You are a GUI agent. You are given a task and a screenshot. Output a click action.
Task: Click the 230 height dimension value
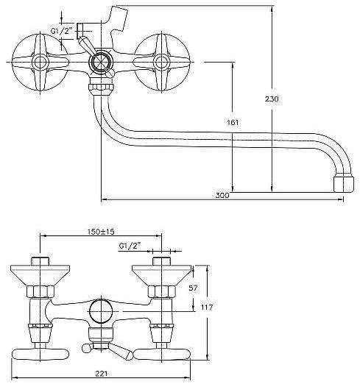pyautogui.click(x=272, y=99)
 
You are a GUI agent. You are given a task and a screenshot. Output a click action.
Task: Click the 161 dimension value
pyautogui.click(x=233, y=122)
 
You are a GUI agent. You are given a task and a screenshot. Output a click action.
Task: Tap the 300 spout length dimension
pyautogui.click(x=222, y=196)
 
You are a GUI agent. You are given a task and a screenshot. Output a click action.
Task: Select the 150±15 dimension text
pyautogui.click(x=101, y=232)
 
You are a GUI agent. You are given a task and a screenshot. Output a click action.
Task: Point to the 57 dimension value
pyautogui.click(x=193, y=288)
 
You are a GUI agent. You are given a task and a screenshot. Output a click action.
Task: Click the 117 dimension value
pyautogui.click(x=207, y=308)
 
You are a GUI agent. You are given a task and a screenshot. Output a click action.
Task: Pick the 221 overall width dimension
pyautogui.click(x=102, y=374)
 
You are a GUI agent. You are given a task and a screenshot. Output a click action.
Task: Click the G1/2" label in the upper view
pyautogui.click(x=61, y=31)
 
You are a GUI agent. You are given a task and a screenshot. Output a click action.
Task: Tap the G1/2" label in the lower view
pyautogui.click(x=130, y=246)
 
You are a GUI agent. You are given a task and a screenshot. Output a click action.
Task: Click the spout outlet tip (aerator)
pyautogui.click(x=344, y=184)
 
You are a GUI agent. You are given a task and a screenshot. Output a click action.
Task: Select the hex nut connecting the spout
pyautogui.click(x=102, y=87)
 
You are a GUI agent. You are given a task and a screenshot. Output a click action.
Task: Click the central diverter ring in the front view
pyautogui.click(x=101, y=62)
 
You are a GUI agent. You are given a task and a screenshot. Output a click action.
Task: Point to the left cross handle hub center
pyautogui.click(x=40, y=62)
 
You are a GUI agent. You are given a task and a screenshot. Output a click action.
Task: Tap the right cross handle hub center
pyautogui.click(x=161, y=62)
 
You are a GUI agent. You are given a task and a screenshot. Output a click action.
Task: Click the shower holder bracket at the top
pyautogui.click(x=118, y=18)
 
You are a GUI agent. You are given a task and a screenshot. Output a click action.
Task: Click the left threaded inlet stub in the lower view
pyautogui.click(x=40, y=261)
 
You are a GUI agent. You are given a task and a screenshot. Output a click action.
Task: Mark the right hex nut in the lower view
pyautogui.click(x=161, y=291)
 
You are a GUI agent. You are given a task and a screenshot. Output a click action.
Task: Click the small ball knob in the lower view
pyautogui.click(x=86, y=349)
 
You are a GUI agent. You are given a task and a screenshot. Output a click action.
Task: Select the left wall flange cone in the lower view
pyautogui.click(x=40, y=275)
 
